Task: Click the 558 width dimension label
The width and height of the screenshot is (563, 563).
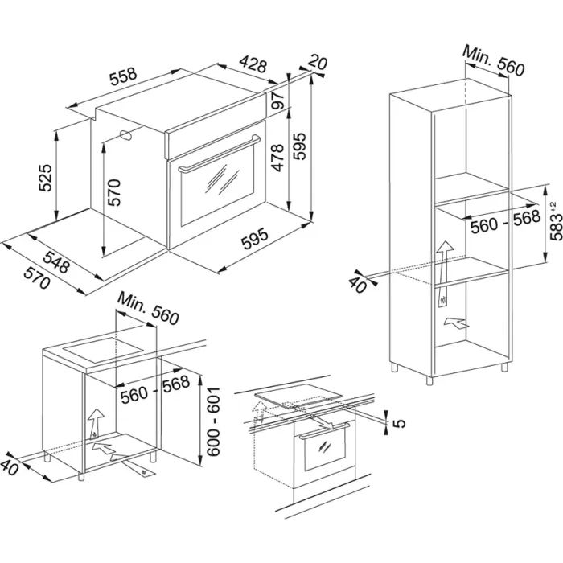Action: click(123, 77)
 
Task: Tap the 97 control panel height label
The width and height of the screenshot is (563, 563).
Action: click(277, 102)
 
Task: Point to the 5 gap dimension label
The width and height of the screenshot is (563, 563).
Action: click(392, 419)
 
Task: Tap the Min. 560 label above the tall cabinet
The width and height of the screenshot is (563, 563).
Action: click(493, 62)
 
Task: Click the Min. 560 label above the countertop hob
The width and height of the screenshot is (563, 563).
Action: click(146, 308)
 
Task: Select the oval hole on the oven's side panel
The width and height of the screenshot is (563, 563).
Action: click(126, 135)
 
